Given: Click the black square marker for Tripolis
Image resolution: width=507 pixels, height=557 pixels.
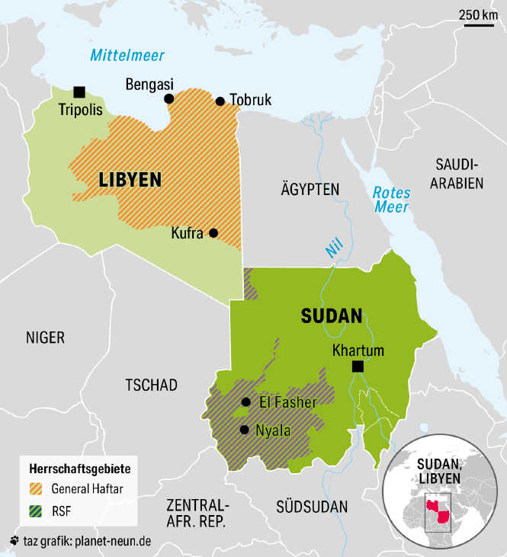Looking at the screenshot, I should coord(79,91).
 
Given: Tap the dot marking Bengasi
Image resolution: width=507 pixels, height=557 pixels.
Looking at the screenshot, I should coord(169,98).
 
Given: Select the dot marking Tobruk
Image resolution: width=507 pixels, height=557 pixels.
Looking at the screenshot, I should coord(220,101).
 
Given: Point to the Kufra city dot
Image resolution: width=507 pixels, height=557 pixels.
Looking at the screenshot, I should coord(213,233).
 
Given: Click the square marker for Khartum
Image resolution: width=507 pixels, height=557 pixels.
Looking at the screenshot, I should coord(358,367).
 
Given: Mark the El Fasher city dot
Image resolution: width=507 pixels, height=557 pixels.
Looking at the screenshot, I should coord(245,402).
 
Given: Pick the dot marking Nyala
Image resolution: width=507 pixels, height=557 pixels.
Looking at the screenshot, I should coord(244,430).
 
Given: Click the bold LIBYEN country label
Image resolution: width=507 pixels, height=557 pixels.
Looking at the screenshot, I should coord(130,180).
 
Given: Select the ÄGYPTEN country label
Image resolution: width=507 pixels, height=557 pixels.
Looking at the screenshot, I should coord(310,189).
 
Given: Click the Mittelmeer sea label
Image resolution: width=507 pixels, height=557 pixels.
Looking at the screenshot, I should coord(127,55).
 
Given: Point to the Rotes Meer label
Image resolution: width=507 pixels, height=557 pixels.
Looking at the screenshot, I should coord(391,200).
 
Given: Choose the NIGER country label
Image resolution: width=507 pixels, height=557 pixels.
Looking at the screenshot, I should coord(45,338).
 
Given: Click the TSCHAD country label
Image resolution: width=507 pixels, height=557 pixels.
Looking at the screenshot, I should coord(151,386).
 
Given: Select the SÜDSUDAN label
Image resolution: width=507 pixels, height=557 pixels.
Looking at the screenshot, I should coord(312,507).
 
